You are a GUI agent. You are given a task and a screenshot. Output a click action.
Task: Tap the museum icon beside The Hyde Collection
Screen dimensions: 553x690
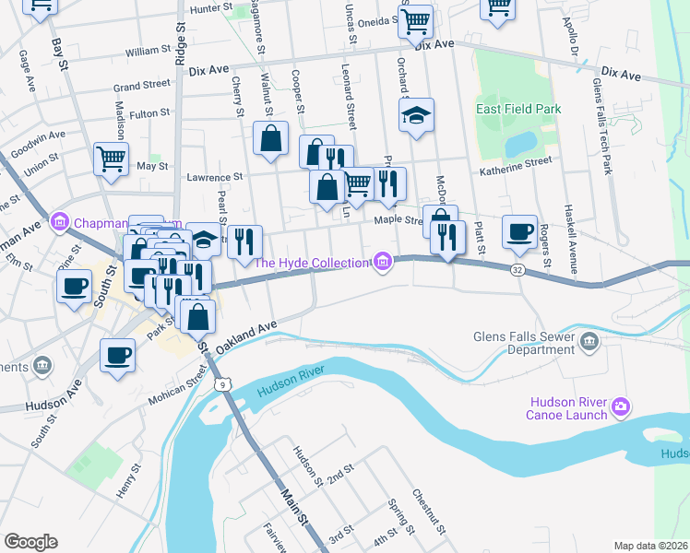click(382, 264)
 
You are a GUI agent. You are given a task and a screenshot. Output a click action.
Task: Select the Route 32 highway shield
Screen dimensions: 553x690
click(517, 268)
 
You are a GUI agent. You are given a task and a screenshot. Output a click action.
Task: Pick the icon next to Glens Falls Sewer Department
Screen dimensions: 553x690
click(590, 344)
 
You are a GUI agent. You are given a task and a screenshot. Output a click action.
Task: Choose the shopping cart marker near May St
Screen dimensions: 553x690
click(111, 159)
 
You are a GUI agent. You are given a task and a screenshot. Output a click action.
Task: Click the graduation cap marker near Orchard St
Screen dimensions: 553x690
click(416, 115)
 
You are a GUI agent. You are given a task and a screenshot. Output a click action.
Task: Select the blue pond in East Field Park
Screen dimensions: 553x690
click(519, 143)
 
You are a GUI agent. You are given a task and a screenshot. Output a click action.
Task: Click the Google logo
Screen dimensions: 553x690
click(30, 541)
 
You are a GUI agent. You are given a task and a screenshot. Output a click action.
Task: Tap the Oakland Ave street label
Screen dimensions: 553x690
click(246, 339)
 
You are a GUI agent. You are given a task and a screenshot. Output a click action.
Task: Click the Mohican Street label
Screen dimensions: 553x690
click(179, 387)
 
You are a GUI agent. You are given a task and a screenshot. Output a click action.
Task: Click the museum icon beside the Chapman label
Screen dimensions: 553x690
click(62, 221)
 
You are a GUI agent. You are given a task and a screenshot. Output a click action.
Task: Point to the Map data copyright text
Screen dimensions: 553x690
click(651, 546)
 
